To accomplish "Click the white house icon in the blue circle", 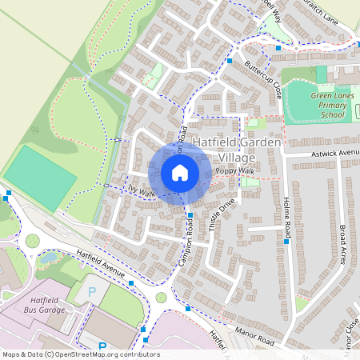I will point(180,173).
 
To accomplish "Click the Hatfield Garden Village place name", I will point(237,150).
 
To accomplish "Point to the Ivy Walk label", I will point(139,193).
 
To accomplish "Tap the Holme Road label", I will point(286,214).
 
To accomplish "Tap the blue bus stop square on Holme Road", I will point(286,240).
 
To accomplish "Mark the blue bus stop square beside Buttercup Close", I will point(230,61).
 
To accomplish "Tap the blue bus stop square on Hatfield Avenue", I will point(130,282).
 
